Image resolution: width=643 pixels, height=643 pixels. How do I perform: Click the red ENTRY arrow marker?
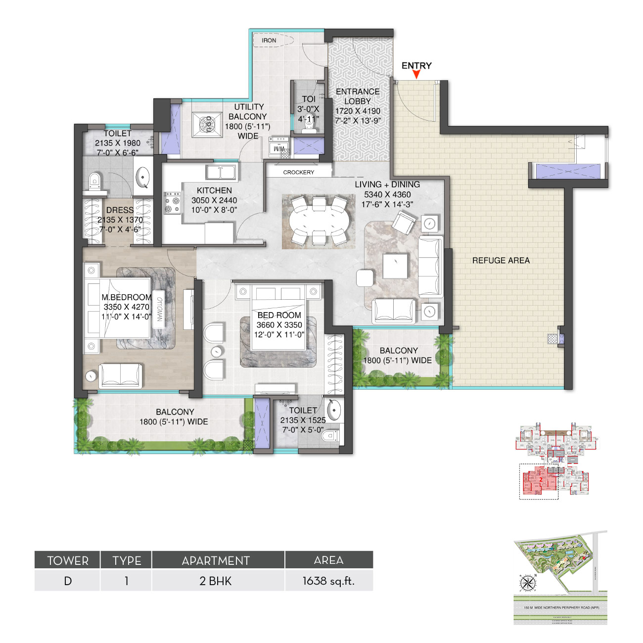[416, 74]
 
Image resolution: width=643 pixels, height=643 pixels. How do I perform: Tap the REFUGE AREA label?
[501, 261]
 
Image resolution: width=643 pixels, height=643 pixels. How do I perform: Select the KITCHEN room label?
[214, 190]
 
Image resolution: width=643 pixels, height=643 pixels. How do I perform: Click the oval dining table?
[319, 221]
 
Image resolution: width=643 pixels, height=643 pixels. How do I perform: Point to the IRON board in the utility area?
[273, 41]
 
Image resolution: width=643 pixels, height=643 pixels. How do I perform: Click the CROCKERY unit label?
[298, 172]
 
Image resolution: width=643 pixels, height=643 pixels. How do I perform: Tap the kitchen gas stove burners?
[172, 203]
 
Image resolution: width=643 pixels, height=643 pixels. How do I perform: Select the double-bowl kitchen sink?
[221, 173]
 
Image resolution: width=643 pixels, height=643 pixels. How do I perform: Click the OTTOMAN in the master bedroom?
[159, 309]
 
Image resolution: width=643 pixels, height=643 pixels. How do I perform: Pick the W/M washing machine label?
[279, 149]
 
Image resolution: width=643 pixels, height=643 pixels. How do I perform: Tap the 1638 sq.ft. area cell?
[328, 581]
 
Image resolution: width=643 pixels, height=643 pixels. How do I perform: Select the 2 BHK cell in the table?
[216, 581]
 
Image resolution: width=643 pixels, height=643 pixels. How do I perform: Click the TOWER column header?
[68, 560]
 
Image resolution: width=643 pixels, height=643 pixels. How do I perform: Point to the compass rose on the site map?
[528, 583]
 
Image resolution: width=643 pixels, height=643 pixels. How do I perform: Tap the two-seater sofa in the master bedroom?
[121, 376]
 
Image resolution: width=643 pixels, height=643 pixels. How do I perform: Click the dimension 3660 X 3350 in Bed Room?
[279, 325]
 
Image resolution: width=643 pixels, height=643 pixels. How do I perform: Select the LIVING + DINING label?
[387, 184]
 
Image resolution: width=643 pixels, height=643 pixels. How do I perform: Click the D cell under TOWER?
[68, 581]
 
